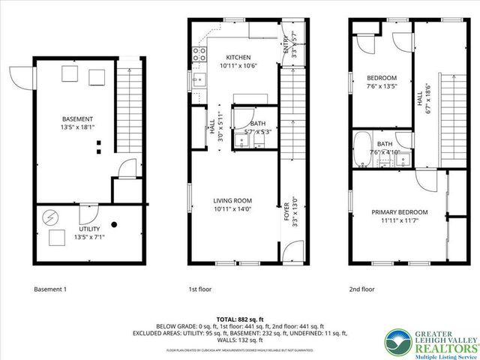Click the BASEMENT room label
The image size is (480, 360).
tap(77, 119)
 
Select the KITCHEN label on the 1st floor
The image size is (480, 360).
tap(238, 57)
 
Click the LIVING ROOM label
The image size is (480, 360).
tap(232, 200)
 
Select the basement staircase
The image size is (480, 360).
tap(130, 105)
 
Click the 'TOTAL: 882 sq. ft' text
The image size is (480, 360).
tap(239, 319)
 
